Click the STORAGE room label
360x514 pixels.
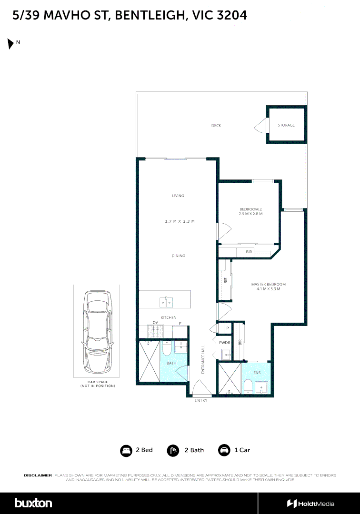click(286, 125)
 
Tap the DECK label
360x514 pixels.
click(216, 126)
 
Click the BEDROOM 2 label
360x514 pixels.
click(250, 209)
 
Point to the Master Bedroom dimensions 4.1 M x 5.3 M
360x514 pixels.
click(268, 289)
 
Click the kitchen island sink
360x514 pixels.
click(165, 302)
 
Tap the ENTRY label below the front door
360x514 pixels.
click(201, 401)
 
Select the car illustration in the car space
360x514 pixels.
click(97, 332)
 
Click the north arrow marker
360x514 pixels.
click(10, 44)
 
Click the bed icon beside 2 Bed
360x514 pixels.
click(126, 450)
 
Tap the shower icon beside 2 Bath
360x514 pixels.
click(173, 450)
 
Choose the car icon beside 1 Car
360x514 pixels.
click(223, 450)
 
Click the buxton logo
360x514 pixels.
click(33, 503)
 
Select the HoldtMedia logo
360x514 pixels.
click(310, 504)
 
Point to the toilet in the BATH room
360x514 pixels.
click(166, 350)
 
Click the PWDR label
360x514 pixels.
click(225, 342)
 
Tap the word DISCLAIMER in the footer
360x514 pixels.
click(38, 475)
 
